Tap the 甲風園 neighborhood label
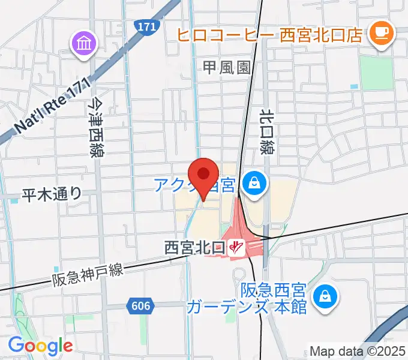click(x=226, y=68)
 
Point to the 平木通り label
click(x=51, y=194)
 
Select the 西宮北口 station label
click(x=194, y=247)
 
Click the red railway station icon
click(x=236, y=247)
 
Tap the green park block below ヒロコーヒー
click(x=376, y=71)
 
